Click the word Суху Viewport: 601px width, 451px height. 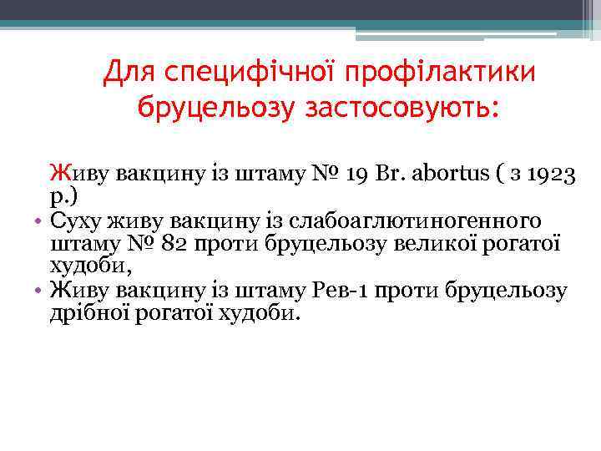click(x=79, y=220)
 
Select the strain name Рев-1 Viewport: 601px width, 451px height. click(x=340, y=291)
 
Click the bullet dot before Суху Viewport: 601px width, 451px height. click(x=39, y=222)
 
